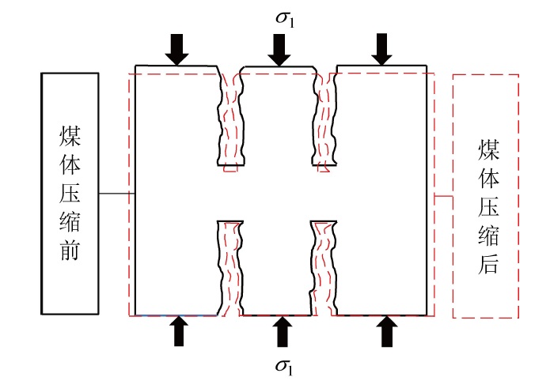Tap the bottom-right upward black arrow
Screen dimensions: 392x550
(386, 331)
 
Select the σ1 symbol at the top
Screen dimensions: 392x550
(280, 17)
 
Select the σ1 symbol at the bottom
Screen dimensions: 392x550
(281, 365)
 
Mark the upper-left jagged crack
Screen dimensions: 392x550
(230, 119)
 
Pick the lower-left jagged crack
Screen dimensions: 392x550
(229, 266)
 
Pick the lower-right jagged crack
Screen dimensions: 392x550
(325, 266)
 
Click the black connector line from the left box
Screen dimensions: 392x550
(116, 194)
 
